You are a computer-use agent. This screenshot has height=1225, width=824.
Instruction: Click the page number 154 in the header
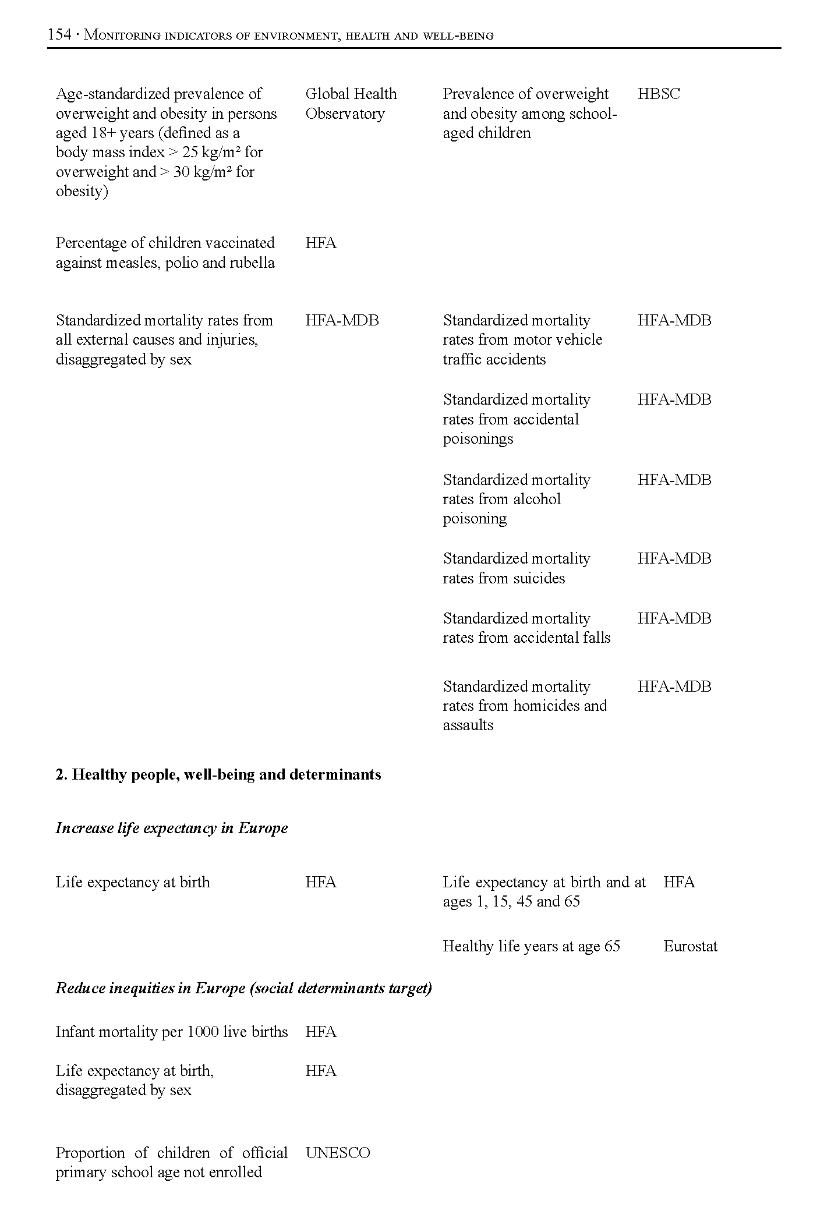[59, 35]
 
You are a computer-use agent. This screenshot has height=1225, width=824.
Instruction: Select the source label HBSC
[659, 94]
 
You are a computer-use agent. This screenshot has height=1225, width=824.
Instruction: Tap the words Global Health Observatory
[351, 104]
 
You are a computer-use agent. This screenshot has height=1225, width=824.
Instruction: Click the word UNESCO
[337, 1153]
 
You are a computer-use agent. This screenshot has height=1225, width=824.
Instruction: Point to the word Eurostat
[690, 946]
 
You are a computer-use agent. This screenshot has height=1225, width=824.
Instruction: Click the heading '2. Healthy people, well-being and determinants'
[218, 774]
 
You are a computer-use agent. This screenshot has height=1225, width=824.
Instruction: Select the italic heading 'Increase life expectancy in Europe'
[172, 828]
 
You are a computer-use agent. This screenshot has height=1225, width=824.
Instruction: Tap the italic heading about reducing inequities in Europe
[243, 988]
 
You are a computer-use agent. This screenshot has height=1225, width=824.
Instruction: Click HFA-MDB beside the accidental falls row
[674, 618]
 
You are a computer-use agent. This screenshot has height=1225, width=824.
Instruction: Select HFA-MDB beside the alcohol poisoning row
[674, 480]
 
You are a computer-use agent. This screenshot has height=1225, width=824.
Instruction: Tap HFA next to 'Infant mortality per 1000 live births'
[320, 1032]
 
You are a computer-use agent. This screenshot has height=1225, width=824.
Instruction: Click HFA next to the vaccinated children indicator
[320, 243]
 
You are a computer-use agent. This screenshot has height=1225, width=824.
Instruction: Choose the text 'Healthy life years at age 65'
[531, 946]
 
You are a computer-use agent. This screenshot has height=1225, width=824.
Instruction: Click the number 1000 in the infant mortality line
[203, 1032]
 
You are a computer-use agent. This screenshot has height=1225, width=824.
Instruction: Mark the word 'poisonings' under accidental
[478, 438]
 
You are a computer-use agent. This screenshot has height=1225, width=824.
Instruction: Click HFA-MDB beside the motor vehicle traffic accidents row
[674, 320]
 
